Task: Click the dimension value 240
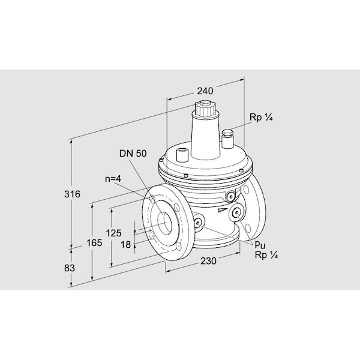(205, 91)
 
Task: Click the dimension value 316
(72, 194)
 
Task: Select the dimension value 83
(70, 268)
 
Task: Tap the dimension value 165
(94, 242)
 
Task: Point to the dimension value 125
(113, 233)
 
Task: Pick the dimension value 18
(125, 245)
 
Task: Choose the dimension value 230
(208, 261)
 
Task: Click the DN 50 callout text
(133, 154)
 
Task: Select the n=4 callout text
(113, 179)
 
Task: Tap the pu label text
(260, 245)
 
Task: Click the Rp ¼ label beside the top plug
(261, 118)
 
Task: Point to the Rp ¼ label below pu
(266, 255)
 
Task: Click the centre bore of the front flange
(164, 222)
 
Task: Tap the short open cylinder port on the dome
(182, 155)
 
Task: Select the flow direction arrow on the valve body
(222, 209)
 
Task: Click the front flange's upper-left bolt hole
(152, 199)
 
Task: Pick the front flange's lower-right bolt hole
(178, 247)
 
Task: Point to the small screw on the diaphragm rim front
(186, 176)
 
